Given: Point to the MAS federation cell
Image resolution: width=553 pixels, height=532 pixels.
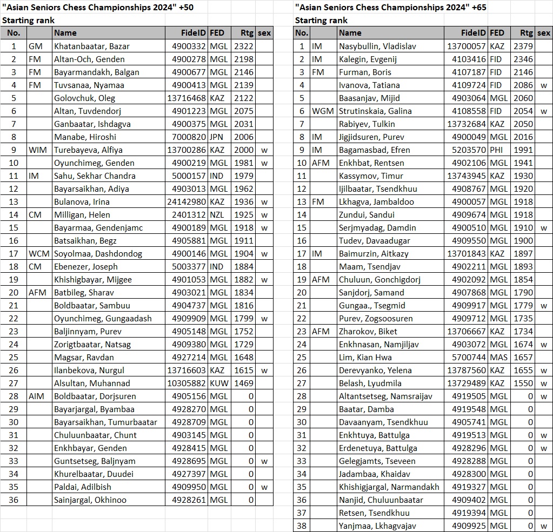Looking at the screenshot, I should [x=498, y=358].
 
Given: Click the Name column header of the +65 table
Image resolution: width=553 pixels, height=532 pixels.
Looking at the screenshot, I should [x=350, y=33].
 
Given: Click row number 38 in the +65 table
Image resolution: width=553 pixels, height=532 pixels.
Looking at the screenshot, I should [x=302, y=526].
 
